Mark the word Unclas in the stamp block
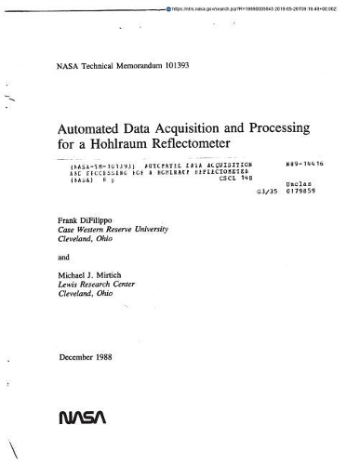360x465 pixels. [297, 185]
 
